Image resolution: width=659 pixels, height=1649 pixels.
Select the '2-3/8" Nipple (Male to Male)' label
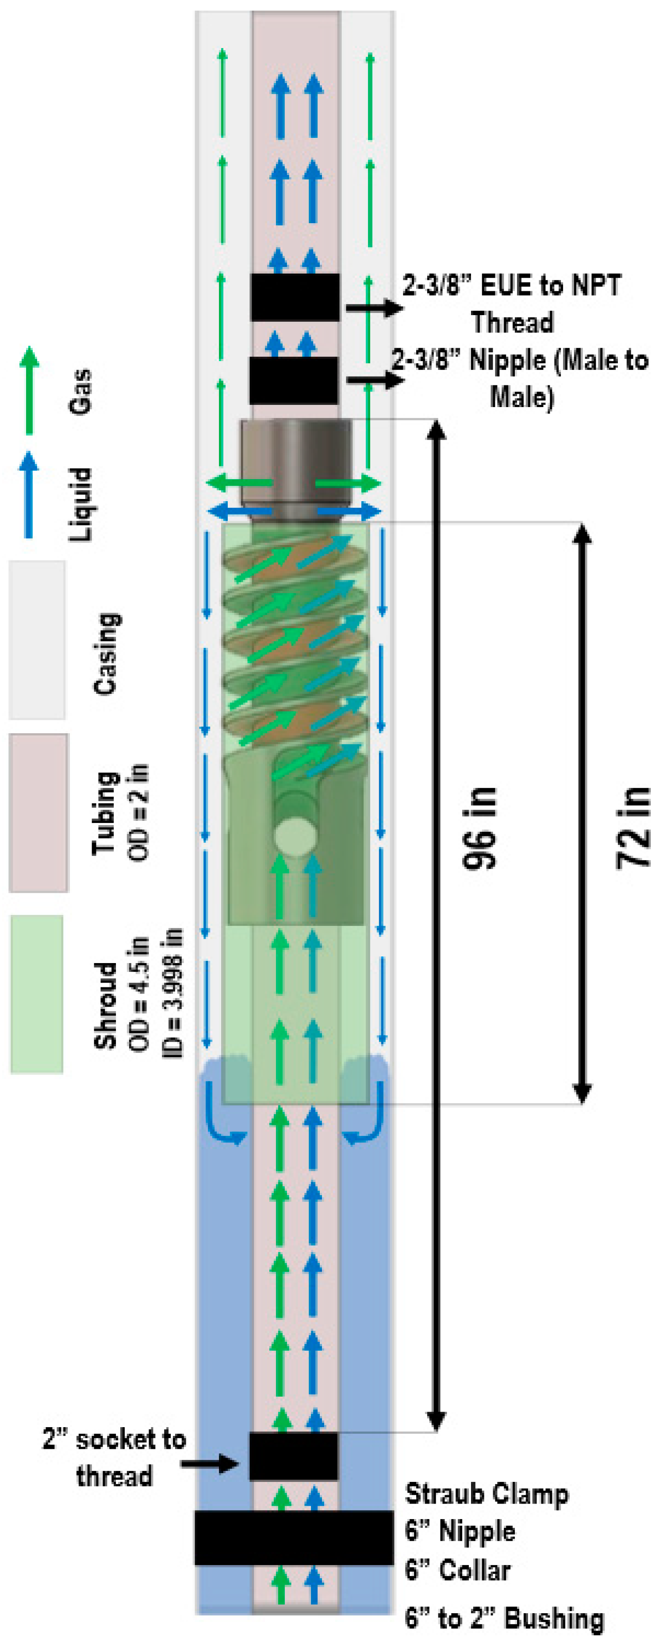click(x=520, y=378)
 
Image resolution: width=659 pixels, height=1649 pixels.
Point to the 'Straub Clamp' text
click(x=487, y=1494)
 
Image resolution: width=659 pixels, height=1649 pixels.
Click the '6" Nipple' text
click(x=460, y=1531)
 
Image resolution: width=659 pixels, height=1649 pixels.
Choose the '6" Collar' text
click(x=458, y=1569)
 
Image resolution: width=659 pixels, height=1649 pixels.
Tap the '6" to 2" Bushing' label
click(x=505, y=1618)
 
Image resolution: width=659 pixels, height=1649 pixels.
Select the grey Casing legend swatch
click(x=37, y=640)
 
